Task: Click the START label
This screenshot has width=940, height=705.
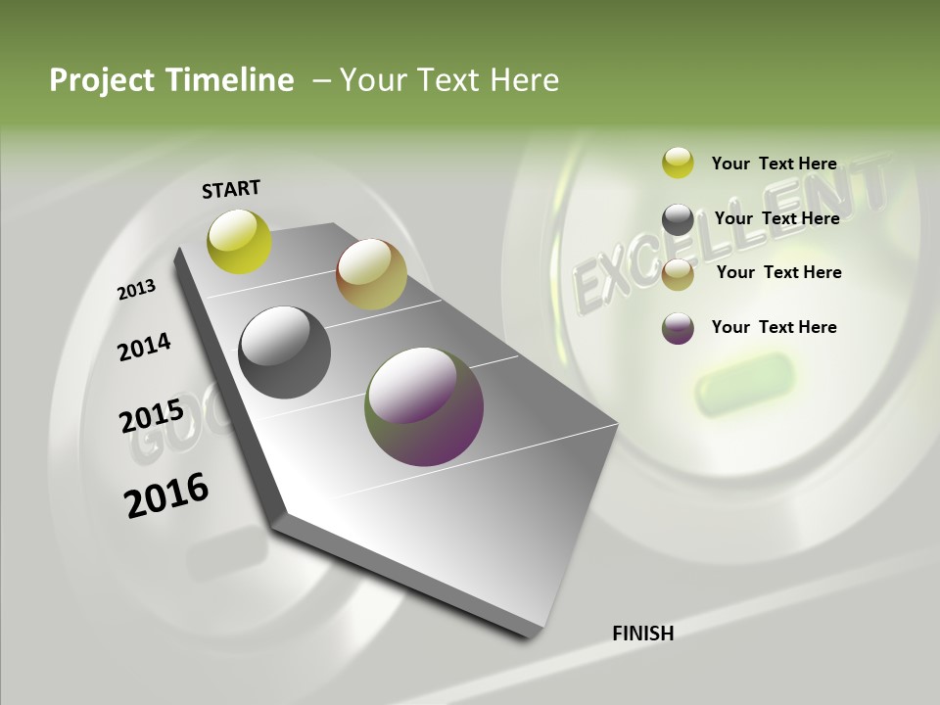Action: coord(231,189)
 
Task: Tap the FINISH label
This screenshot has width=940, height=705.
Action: coord(643,634)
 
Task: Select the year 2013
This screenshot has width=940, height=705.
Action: coord(137,290)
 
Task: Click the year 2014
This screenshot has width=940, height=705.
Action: coord(145,347)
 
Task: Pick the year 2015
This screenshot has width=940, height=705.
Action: coord(152,417)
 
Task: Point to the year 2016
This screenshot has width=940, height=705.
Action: coord(166,495)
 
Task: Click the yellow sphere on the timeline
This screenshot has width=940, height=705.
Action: coord(239,241)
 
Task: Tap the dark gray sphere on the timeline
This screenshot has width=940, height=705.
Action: coord(284,352)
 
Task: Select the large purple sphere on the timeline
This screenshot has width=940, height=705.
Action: coord(424,406)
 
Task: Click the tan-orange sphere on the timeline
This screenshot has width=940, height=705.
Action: coord(371,274)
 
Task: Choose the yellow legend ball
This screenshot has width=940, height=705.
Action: coord(678,163)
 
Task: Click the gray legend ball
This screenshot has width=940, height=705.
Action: coord(678,219)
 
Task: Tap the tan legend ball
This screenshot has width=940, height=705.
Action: coord(678,274)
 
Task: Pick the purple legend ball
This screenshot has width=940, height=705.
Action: coord(678,328)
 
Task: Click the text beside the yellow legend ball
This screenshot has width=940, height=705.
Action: coord(774,164)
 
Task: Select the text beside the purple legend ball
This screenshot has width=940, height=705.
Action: coord(774,327)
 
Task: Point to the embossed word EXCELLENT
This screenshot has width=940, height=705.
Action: coord(729,235)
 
